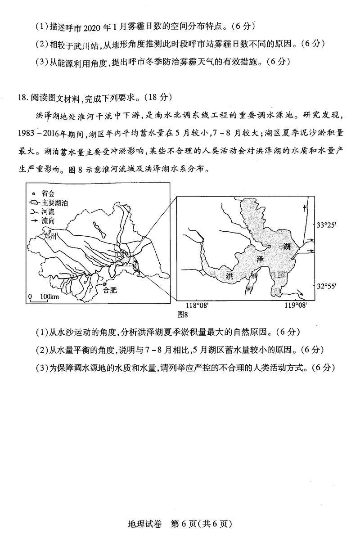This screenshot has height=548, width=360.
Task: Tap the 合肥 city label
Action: click(110, 290)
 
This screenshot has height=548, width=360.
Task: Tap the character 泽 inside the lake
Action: click(259, 260)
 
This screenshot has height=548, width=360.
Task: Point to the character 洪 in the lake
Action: click(229, 276)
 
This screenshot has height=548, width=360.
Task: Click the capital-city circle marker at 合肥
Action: click(105, 284)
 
